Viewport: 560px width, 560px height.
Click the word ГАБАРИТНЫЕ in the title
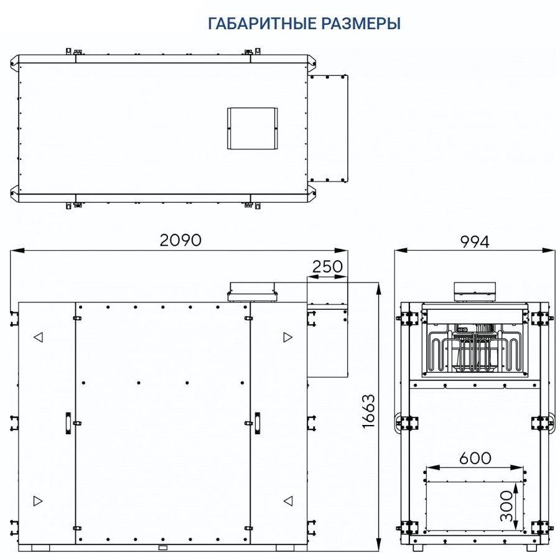coord(262,24)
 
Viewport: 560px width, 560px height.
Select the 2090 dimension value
coord(180,240)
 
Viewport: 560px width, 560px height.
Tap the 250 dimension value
coord(327,266)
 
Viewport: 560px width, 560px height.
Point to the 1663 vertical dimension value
coord(368,411)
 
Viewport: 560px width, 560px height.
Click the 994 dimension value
coord(475,242)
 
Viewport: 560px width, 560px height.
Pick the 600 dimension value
coord(475,458)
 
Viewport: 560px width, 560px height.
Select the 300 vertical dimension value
coord(506,506)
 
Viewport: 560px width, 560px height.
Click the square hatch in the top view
coord(253,128)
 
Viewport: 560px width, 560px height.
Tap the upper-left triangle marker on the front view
coord(38,337)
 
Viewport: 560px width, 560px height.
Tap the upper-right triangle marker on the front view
coord(288,337)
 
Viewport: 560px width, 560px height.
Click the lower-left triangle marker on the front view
coord(38,501)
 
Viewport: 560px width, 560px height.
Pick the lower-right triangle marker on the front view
coord(288,501)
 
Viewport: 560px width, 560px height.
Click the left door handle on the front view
coord(68,423)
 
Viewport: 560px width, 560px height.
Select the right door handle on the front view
coord(257,423)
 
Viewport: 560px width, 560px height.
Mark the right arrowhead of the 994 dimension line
coord(548,251)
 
